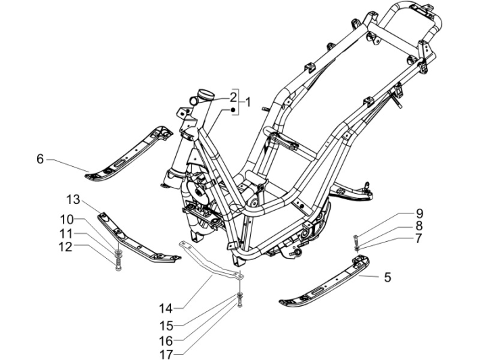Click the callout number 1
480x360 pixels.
(x=248, y=103)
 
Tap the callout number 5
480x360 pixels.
(x=387, y=276)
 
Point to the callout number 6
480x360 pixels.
(x=40, y=159)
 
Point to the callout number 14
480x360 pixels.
(x=166, y=309)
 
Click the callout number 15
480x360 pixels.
(x=166, y=324)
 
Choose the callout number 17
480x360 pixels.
(x=166, y=354)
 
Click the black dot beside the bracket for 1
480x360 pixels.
(x=232, y=109)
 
